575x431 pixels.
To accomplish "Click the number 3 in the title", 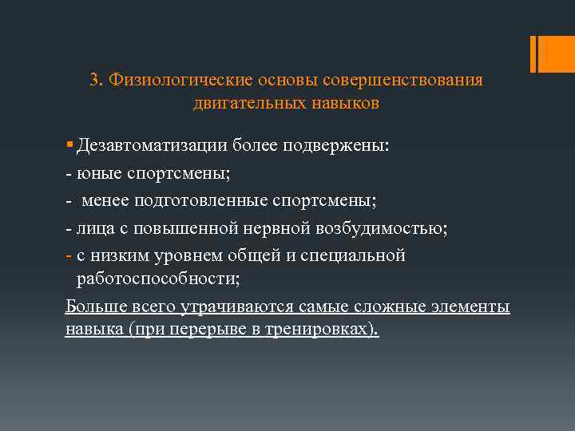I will coord(94,81).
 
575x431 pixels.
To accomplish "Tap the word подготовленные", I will coord(197,200).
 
